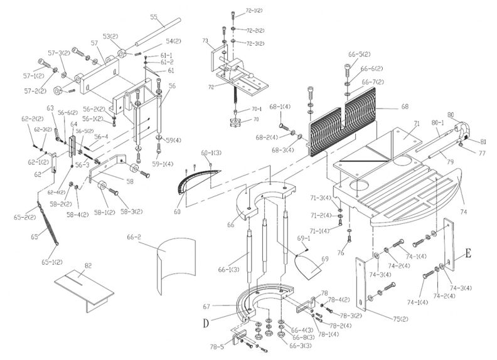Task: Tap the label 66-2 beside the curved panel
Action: tap(134, 239)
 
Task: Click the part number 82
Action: tap(88, 266)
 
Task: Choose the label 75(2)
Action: tap(400, 319)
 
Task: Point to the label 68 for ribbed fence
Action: tap(405, 107)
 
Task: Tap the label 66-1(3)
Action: tap(228, 270)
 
